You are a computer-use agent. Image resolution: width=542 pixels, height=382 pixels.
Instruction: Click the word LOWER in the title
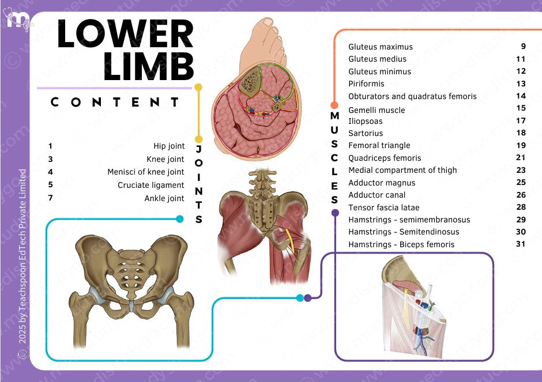pos(125,34)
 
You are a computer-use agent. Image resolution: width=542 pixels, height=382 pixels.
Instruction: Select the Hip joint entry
pos(169,146)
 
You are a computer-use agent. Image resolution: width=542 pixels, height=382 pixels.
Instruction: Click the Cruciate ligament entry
pos(151,186)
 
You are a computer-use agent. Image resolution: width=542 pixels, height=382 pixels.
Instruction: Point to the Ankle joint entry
pos(164,199)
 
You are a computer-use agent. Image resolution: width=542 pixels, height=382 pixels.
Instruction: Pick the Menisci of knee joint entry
pos(146,172)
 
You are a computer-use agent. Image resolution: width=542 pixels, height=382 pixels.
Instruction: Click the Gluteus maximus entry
pos(381,47)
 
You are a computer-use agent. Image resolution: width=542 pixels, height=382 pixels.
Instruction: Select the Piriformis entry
pos(366,84)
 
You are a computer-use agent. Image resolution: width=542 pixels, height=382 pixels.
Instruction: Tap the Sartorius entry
pos(366,134)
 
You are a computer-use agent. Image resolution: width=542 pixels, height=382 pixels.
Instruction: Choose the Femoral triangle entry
pos(379,146)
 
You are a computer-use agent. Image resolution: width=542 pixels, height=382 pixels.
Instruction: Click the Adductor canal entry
pos(377,195)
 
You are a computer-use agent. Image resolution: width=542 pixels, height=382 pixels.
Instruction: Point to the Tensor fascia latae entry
pos(384,207)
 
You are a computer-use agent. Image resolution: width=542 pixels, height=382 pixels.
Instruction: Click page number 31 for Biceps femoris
pos(521,244)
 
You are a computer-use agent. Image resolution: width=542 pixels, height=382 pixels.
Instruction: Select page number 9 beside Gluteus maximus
pos(523,46)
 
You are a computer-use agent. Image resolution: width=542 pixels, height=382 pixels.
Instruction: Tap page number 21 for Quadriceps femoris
pos(521,158)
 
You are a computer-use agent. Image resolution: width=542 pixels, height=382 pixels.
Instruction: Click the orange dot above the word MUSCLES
pos(334,105)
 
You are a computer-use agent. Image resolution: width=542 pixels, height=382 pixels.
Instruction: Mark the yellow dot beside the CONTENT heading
pos(198,88)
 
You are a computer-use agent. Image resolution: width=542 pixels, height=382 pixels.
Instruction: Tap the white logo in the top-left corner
pos(17,20)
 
